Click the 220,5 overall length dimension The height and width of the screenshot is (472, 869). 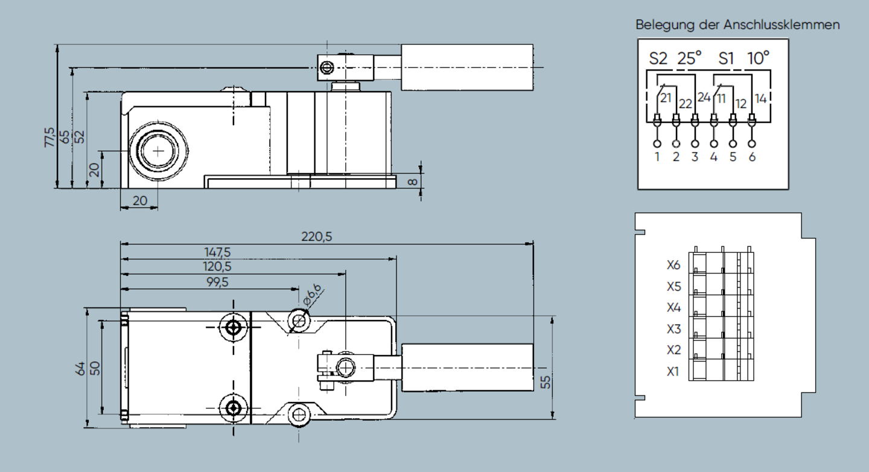(x=317, y=237)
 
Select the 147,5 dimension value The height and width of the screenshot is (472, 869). (x=217, y=252)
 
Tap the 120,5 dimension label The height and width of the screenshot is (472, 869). (x=217, y=267)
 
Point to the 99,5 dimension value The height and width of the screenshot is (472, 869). (x=217, y=282)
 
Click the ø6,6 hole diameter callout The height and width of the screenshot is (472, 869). (x=313, y=295)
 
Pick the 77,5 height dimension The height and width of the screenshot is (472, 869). (x=49, y=137)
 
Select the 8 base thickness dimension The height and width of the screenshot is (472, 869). (x=413, y=182)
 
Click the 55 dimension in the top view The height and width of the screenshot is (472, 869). (x=546, y=382)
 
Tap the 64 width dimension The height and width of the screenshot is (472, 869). (x=80, y=368)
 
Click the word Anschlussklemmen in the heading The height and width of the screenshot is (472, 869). (x=781, y=25)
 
